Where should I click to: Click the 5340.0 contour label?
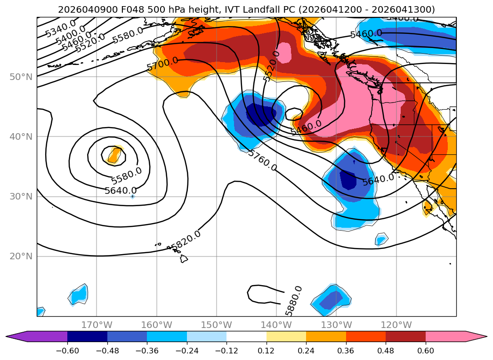(60, 29)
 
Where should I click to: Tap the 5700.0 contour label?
(162, 64)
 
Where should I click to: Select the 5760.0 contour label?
(262, 160)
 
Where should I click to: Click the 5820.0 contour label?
(186, 240)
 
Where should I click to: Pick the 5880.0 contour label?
(294, 301)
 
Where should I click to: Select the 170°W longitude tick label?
(97, 325)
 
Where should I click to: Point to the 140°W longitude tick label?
(276, 325)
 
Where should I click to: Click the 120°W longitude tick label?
(396, 325)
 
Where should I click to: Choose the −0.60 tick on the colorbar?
(67, 352)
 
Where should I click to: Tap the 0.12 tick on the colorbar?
(267, 352)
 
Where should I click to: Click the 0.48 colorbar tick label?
(386, 352)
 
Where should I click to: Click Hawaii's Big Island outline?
(183, 259)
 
